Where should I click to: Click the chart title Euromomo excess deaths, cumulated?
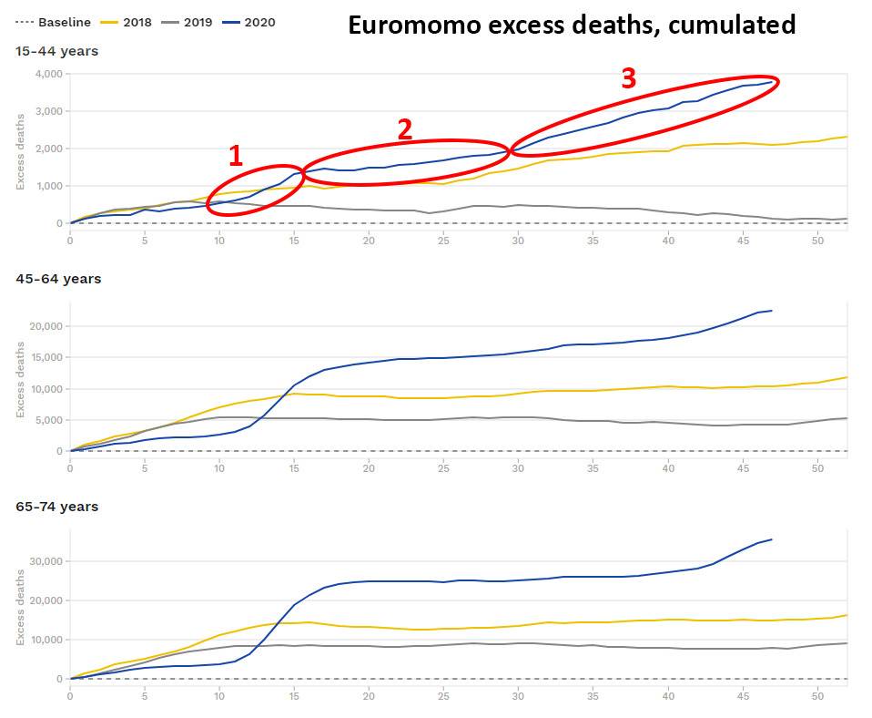[x=572, y=26]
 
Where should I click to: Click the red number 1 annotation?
[x=236, y=156]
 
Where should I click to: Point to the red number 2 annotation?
[x=405, y=129]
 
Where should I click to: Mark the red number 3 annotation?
[x=628, y=79]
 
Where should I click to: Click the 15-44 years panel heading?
[x=56, y=51]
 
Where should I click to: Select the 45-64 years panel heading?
[x=57, y=279]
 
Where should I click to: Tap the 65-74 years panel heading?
[x=57, y=507]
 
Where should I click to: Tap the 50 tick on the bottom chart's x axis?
[x=816, y=696]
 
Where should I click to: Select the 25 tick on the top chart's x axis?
[x=443, y=241]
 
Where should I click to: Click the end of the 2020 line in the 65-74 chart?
[x=772, y=539]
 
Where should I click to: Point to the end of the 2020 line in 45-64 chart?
[x=772, y=311]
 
